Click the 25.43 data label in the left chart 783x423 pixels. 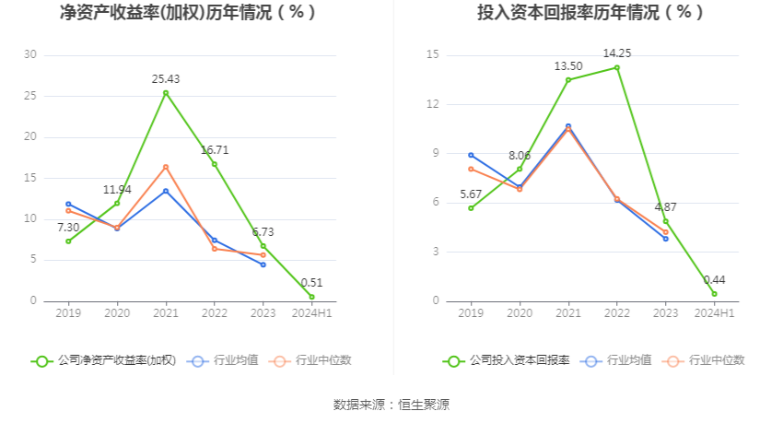[x=166, y=79]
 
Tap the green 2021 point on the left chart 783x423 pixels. [x=166, y=93]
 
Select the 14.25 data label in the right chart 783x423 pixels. [x=617, y=53]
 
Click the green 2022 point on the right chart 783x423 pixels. [x=617, y=67]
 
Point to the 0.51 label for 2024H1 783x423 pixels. [x=312, y=283]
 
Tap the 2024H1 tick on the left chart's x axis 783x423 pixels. [x=312, y=314]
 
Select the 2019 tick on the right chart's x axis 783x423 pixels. [x=471, y=314]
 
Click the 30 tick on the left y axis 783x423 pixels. [x=30, y=55]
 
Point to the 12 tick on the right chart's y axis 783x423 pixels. [x=433, y=104]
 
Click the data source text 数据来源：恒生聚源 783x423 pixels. [x=391, y=405]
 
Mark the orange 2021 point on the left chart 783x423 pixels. [x=166, y=167]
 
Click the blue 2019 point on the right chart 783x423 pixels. [x=471, y=155]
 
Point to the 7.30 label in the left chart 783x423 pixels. [x=68, y=227]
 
